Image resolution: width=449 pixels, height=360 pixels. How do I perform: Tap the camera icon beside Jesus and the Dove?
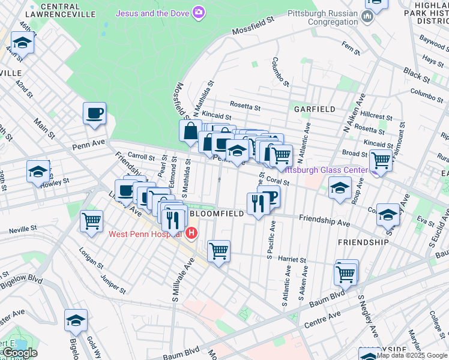pyautogui.click(x=199, y=13)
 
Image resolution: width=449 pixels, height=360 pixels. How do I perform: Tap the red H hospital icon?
pyautogui.click(x=191, y=233)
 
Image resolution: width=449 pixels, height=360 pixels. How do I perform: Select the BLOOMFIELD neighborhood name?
pyautogui.click(x=217, y=213)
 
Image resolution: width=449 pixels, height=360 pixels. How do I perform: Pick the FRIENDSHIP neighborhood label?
pyautogui.click(x=363, y=242)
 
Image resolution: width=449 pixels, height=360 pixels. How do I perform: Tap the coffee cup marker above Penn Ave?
pyautogui.click(x=95, y=113)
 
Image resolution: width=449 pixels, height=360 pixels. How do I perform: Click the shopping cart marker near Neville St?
pyautogui.click(x=91, y=221)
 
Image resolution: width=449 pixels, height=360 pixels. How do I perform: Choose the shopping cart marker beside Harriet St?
pyautogui.click(x=218, y=250)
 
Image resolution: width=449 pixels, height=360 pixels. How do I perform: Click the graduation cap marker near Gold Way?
pyautogui.click(x=76, y=320)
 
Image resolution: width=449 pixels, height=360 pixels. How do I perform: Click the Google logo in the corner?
pyautogui.click(x=19, y=353)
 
